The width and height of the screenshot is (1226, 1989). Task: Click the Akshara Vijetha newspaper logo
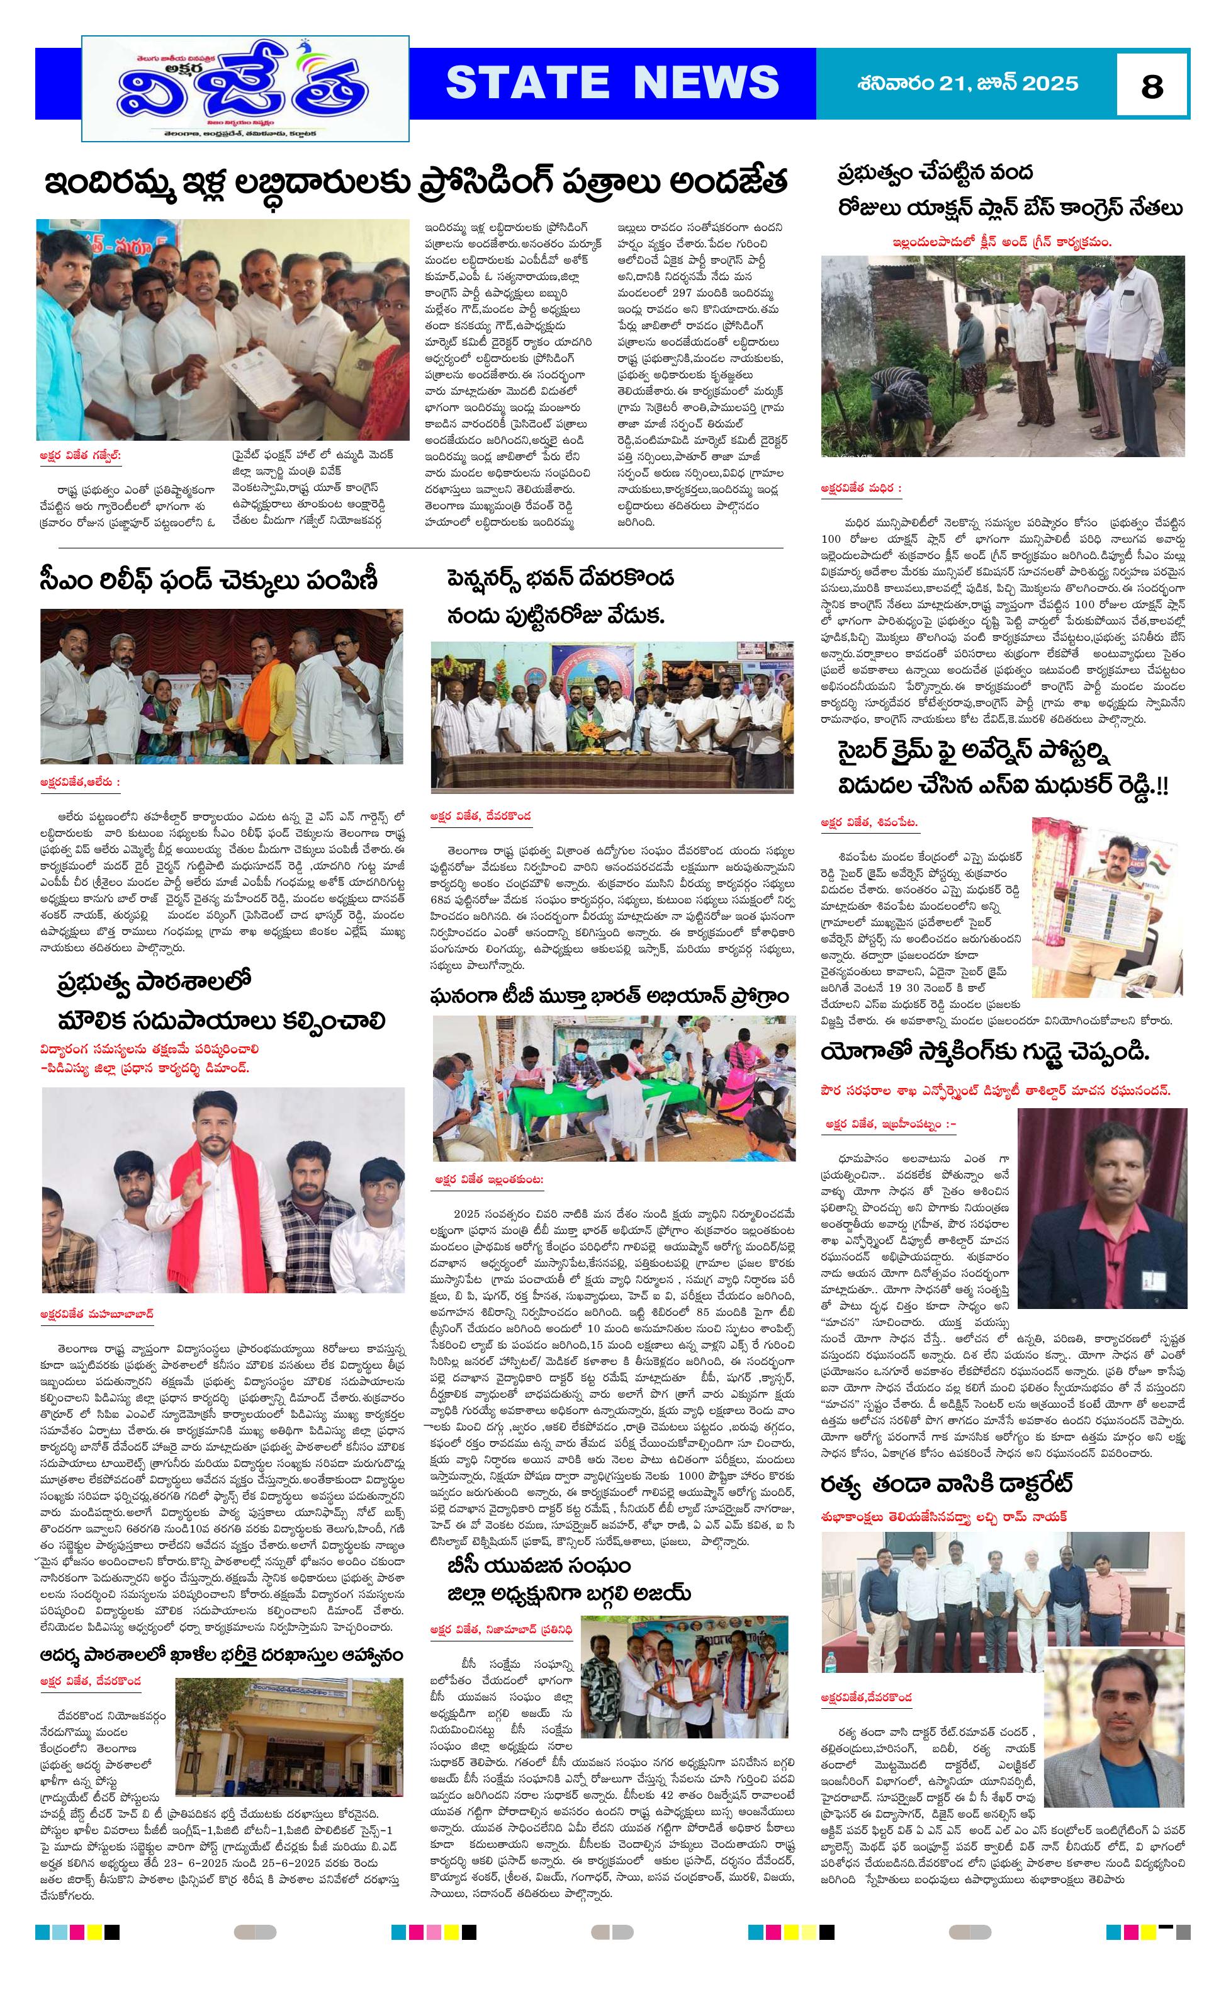tap(245, 89)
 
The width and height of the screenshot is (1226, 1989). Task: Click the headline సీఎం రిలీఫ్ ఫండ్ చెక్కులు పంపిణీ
tap(208, 581)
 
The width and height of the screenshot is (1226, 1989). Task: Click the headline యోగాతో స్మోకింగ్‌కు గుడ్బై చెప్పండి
tap(984, 1053)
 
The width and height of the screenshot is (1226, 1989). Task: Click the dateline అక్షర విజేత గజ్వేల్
tap(79, 456)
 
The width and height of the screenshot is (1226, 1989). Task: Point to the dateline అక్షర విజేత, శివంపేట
tap(869, 822)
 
